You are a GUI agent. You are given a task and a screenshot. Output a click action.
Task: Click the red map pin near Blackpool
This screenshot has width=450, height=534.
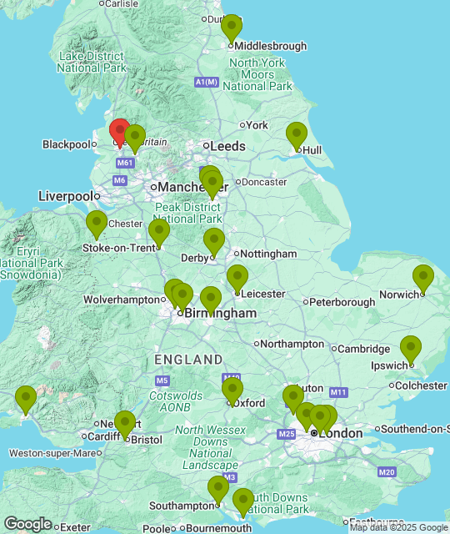coord(120,132)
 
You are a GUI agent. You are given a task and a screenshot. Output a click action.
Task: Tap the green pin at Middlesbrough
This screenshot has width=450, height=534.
coord(232,28)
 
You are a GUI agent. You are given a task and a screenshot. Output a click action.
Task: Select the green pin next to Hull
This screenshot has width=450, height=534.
coord(297,134)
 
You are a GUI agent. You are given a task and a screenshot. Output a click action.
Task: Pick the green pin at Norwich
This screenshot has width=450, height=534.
coord(423,278)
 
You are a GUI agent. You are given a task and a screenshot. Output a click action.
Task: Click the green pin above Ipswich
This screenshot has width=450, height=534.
coord(410,349)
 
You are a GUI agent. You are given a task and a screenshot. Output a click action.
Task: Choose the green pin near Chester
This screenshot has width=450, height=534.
coord(97,224)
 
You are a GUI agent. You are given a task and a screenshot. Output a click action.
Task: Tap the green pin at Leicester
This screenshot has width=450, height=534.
coord(237,278)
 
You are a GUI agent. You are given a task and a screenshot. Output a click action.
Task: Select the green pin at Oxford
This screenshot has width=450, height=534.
coord(232,390)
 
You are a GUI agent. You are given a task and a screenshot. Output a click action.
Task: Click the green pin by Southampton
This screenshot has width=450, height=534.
coord(218,489)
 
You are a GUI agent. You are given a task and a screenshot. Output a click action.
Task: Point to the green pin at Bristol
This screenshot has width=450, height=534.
coord(125,424)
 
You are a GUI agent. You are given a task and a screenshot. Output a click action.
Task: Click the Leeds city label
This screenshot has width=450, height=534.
coord(227,146)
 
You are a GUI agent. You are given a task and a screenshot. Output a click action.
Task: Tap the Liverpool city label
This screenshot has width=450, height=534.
coord(65,196)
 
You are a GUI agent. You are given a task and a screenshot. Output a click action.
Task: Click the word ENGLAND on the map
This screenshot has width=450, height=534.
coord(187,360)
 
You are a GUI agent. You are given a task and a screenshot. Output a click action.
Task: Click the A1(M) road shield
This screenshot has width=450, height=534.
coord(206,82)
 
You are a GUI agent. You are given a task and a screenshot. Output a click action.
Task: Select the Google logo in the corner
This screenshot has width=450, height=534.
coord(27,523)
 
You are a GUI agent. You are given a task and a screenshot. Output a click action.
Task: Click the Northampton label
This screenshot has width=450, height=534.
coord(292,344)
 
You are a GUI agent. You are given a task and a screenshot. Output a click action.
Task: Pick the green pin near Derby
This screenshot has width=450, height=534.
coord(214,241)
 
